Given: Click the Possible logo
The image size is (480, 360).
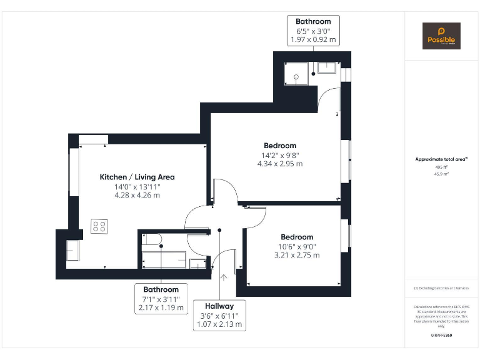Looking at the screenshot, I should (441, 36).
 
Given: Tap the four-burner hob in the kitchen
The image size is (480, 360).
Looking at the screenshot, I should (99, 226).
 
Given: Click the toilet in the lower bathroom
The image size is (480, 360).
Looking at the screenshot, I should (152, 239).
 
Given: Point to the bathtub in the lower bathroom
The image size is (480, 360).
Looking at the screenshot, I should (164, 259).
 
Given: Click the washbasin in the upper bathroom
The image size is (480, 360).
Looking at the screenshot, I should (327, 67).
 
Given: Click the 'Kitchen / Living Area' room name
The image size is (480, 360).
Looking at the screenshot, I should (137, 177).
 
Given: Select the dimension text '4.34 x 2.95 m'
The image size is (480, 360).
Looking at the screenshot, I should (279, 164).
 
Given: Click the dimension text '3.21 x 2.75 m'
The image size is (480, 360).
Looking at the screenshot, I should (297, 255).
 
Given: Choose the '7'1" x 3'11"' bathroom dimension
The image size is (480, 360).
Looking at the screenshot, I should (161, 299).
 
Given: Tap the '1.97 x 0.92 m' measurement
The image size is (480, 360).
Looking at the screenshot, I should (313, 39).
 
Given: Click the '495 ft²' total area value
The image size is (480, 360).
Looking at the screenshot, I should (442, 167).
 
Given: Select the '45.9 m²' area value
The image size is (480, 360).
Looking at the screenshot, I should (442, 174).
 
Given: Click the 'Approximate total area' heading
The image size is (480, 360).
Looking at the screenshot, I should (441, 159).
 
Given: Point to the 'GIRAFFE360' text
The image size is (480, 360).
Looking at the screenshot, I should (441, 336).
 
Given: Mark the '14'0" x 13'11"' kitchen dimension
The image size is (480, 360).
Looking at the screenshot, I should (137, 186).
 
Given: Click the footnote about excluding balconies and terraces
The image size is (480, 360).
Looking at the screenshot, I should (441, 288).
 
